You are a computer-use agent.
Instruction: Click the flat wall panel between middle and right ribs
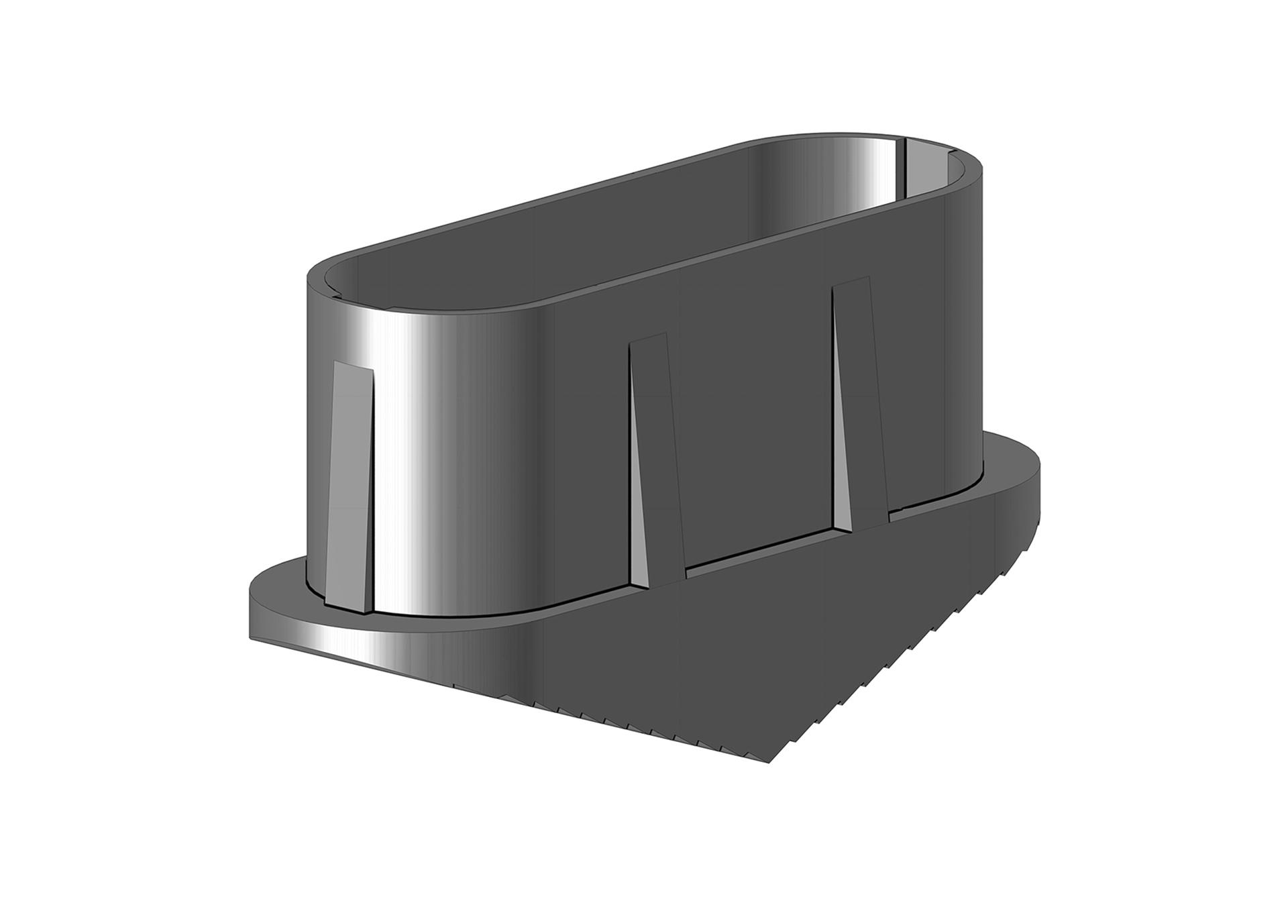click(x=758, y=416)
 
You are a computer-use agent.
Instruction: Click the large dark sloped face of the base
click(x=738, y=637)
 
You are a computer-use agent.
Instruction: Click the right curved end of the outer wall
click(x=966, y=335)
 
